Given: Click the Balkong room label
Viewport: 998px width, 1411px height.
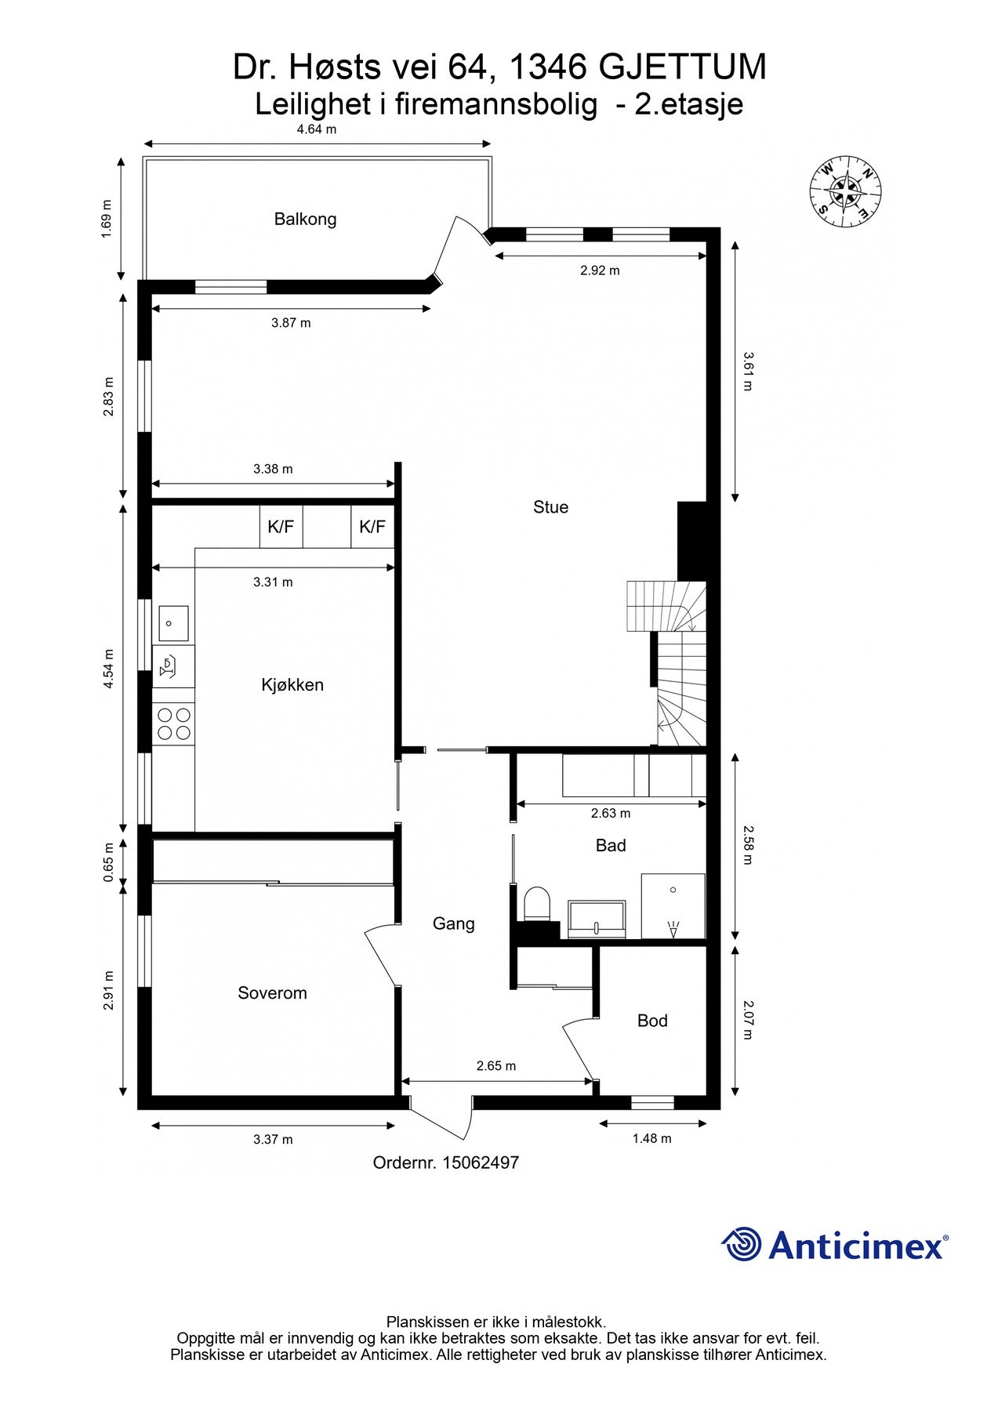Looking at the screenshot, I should point(305,219).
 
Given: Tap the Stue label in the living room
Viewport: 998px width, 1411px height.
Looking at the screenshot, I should point(550,507).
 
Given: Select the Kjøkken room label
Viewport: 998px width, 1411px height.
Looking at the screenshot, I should point(292,685).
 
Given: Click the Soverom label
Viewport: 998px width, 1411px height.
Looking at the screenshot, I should point(272,993).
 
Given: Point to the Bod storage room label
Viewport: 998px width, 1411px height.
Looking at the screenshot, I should point(651,1021).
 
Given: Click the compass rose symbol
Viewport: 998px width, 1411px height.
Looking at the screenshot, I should point(846,192).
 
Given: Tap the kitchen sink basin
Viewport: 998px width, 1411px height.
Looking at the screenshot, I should point(172,624).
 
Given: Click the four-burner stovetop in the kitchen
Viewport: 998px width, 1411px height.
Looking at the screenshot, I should point(173,724).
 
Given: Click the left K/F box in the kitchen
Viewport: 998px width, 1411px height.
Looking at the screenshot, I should point(281,527).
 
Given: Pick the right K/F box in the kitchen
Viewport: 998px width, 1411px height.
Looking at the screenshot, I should point(372,527).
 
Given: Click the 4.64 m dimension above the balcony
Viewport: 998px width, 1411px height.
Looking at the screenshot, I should point(316,129).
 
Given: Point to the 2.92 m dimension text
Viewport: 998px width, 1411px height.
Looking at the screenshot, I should point(600,270).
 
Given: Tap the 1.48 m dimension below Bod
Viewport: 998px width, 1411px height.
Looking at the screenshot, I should point(651,1138).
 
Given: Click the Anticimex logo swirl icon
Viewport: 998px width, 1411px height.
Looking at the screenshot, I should point(741,1244).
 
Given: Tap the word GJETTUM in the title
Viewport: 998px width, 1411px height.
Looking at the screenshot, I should point(682,68).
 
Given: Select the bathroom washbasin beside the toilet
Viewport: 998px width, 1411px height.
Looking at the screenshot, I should point(597,919).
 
